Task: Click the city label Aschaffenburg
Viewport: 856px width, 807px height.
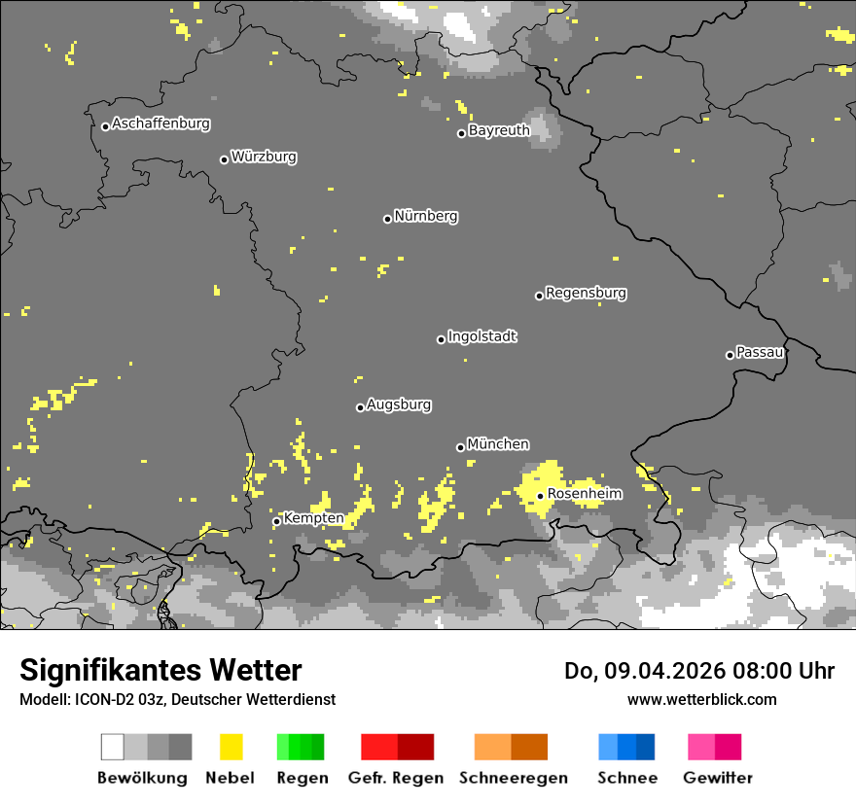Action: [160, 123]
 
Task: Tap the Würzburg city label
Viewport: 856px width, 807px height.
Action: [264, 157]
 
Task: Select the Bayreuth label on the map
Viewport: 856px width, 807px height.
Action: [499, 130]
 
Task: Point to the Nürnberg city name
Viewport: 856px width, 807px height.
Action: [426, 216]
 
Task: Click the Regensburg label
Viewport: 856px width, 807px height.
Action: [586, 293]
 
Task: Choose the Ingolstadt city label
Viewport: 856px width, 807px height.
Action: [482, 336]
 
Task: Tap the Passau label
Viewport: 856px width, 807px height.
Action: [761, 352]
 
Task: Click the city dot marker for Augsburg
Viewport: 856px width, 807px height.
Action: [360, 407]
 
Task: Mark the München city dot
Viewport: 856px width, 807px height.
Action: [461, 447]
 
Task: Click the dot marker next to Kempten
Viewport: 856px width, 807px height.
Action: [276, 521]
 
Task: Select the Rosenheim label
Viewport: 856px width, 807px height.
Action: [585, 494]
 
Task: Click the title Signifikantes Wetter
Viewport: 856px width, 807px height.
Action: [160, 670]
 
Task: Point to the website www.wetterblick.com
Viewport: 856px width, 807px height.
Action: [702, 699]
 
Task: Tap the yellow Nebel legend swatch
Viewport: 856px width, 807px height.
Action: [231, 747]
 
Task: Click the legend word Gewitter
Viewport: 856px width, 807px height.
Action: [718, 778]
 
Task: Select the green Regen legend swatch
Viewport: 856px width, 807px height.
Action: [301, 747]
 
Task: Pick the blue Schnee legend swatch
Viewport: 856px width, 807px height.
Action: [626, 747]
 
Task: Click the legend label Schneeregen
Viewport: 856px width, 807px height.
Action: [513, 778]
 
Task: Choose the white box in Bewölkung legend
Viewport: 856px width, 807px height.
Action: [113, 747]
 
